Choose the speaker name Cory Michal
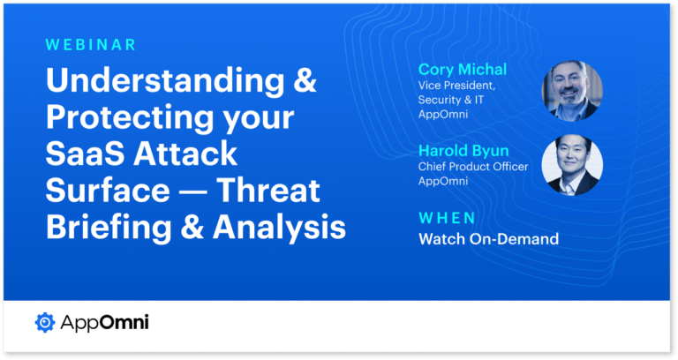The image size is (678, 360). (462, 69)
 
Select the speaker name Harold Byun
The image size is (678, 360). (463, 151)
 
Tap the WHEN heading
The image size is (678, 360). (447, 217)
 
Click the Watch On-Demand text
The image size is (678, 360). (488, 238)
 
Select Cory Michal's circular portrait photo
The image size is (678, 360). (572, 92)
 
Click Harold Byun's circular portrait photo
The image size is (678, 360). (572, 163)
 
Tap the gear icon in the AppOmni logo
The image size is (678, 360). (44, 323)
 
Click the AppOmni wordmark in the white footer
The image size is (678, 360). (104, 323)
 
